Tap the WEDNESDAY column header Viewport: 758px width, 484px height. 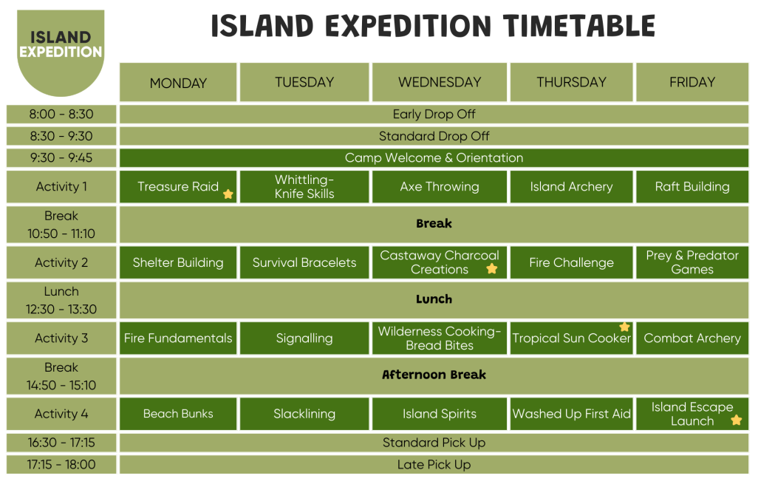click(440, 82)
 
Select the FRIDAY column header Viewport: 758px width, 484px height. click(692, 82)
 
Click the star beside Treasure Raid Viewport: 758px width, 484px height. click(228, 194)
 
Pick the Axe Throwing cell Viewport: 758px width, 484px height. click(440, 187)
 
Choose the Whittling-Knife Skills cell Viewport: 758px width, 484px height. click(304, 187)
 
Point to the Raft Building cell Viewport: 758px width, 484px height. click(692, 187)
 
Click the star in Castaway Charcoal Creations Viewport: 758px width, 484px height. click(492, 269)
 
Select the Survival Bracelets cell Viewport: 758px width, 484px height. click(304, 262)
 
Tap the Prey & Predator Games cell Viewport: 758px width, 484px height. click(692, 262)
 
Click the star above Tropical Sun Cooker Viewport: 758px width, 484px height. click(624, 327)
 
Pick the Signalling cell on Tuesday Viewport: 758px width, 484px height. click(304, 338)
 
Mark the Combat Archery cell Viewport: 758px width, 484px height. click(692, 338)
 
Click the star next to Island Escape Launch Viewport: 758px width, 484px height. click(736, 420)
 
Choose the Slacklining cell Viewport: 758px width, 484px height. click(304, 414)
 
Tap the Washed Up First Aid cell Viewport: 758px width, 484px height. click(572, 414)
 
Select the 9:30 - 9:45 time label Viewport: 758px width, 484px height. click(61, 157)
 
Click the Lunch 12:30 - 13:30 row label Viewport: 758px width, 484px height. click(61, 300)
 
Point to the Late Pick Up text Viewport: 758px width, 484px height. click(434, 465)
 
